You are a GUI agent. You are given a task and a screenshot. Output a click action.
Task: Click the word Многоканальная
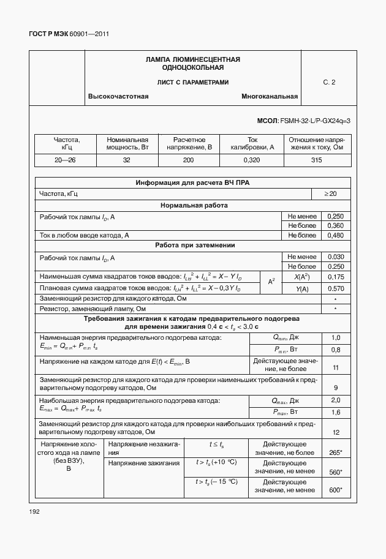coord(270,97)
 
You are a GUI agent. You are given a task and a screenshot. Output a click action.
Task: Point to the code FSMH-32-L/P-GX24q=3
coord(314,121)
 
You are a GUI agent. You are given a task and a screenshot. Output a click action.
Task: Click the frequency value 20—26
coord(66,160)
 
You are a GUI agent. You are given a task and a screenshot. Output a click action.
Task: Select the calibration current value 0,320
coord(252,160)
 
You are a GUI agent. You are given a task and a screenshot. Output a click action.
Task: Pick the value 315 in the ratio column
coord(316,160)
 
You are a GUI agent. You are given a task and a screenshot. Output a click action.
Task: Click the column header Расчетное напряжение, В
coord(189,144)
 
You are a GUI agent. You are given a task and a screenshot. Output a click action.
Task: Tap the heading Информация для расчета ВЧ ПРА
coord(192,182)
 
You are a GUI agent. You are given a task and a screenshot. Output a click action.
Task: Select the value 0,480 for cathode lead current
coord(335,235)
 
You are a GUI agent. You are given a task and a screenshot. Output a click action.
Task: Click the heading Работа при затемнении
coord(192,246)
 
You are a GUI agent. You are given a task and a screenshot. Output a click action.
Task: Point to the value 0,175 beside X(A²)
coord(335,277)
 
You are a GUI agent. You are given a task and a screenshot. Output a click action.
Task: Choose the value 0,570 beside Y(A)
coord(335,288)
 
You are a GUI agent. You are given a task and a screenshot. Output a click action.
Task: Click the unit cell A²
coord(271,282)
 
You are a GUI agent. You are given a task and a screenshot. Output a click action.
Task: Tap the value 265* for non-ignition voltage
coord(335,452)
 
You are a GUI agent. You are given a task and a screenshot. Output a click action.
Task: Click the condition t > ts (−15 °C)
coord(216,482)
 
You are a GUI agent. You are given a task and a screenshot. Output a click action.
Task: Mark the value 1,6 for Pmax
coord(335,413)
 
